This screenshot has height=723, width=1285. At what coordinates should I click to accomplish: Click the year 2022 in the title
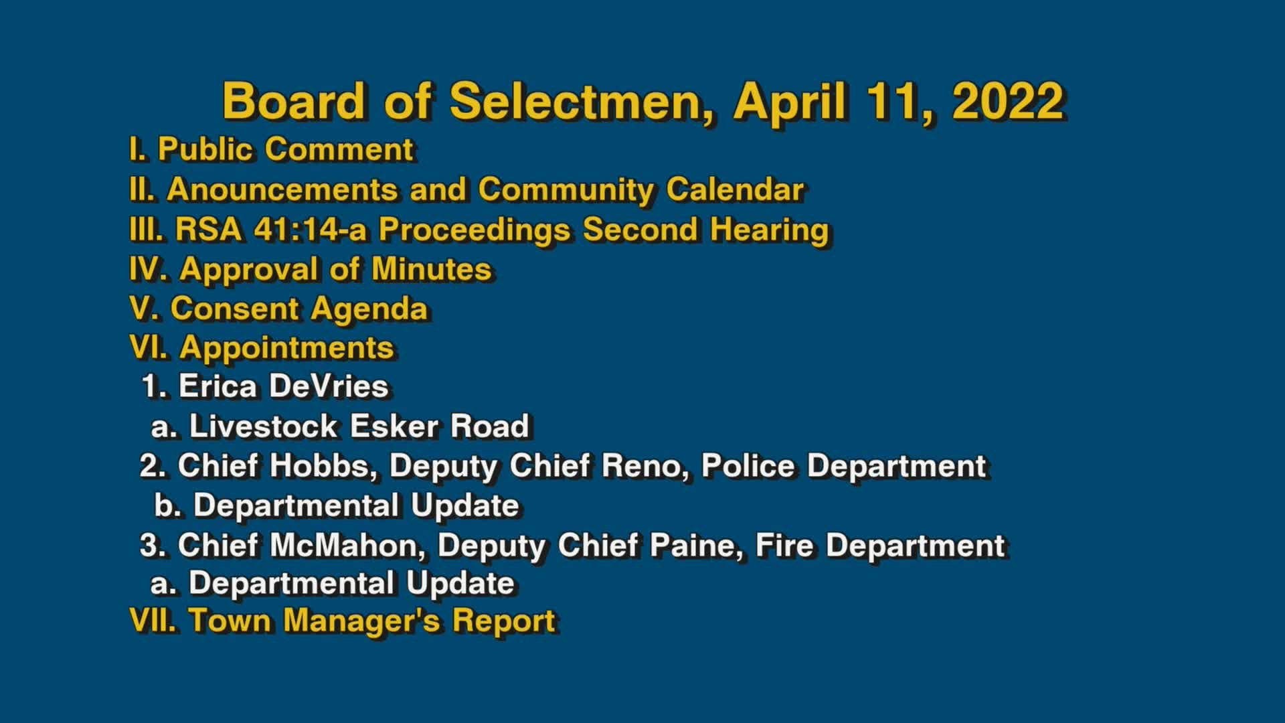click(x=1007, y=101)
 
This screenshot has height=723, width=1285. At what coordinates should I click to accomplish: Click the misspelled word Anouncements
click(x=282, y=189)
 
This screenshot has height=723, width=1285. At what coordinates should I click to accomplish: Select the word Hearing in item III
click(x=769, y=229)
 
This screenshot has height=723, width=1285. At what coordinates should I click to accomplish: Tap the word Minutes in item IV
click(x=431, y=269)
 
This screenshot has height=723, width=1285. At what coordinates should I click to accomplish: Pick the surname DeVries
click(x=328, y=386)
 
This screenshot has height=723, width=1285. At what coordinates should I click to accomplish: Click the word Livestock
click(x=263, y=426)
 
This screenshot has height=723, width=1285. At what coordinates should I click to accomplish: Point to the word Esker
click(x=394, y=426)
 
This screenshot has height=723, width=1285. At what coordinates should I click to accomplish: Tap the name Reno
click(x=645, y=466)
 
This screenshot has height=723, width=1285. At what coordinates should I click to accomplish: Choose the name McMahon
click(x=347, y=546)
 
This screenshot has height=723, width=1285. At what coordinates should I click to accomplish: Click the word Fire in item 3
click(x=784, y=546)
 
